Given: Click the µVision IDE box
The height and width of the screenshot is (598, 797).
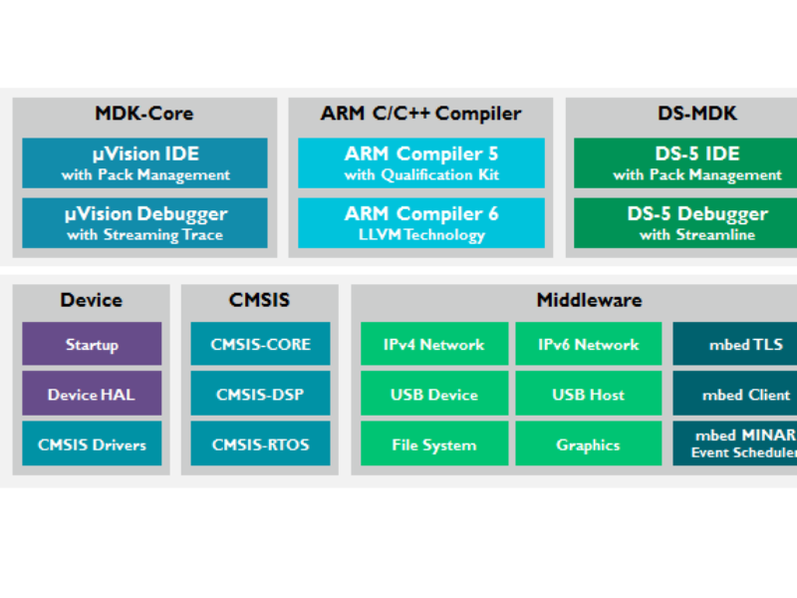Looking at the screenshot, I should click(144, 163).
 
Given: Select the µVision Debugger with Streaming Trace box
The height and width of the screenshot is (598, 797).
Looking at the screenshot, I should click(144, 223).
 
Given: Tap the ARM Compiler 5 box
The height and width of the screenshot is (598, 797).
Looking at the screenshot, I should click(421, 163).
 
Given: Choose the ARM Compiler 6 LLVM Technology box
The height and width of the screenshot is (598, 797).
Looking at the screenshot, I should click(421, 223).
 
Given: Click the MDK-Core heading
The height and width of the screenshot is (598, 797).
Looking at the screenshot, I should click(143, 114).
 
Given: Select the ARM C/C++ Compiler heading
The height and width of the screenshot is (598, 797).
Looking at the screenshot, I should click(420, 114).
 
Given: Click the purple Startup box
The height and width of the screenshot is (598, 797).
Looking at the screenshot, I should click(92, 344).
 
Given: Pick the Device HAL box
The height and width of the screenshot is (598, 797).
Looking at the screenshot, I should click(92, 395).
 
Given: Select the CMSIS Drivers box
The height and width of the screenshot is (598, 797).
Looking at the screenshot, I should click(92, 445).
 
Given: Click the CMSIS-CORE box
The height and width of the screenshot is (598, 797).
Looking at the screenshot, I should click(260, 344).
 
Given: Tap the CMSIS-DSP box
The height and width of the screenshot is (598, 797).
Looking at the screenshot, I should click(260, 395).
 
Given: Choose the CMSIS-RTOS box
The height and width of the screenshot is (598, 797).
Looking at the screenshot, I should click(260, 445).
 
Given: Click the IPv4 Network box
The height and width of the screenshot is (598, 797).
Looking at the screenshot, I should click(434, 344).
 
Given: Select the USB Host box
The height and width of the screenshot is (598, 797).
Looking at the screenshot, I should click(588, 395).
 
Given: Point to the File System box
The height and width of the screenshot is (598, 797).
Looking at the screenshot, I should click(434, 445).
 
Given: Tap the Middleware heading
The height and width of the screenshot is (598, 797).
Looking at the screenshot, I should click(589, 300).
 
